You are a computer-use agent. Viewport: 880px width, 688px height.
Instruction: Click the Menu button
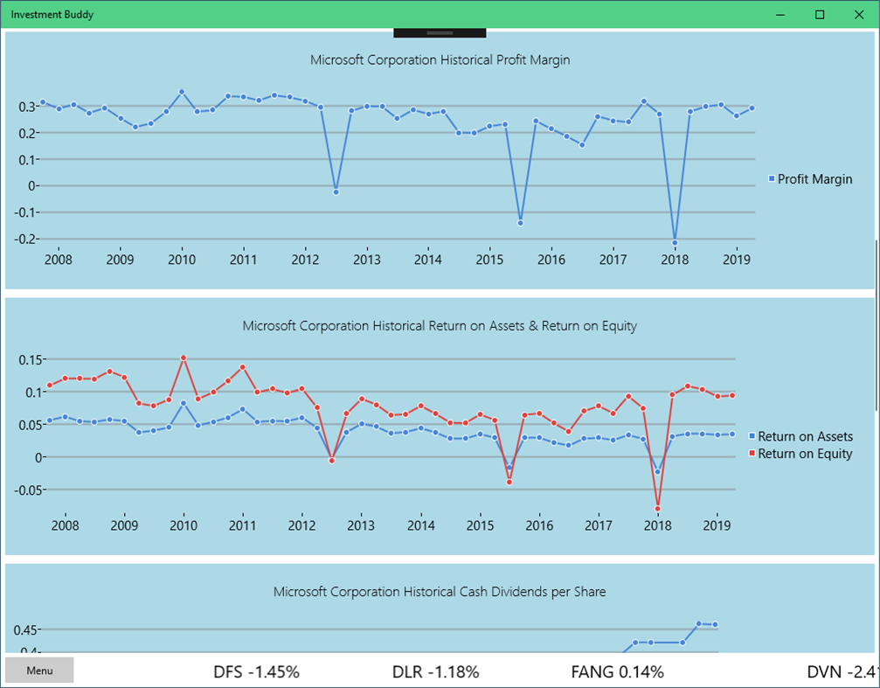(x=39, y=671)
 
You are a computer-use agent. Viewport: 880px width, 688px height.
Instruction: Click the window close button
(x=859, y=15)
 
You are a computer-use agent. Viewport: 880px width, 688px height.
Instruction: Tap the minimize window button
(x=780, y=15)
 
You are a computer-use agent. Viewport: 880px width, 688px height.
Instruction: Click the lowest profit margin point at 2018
(x=675, y=242)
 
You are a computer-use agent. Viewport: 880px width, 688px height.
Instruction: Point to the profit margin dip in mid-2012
(x=336, y=191)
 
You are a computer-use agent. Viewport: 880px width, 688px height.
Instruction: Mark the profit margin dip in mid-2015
(x=520, y=223)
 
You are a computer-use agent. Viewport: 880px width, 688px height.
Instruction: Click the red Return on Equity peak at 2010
(x=184, y=358)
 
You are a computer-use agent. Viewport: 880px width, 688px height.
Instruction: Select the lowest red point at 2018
(x=657, y=509)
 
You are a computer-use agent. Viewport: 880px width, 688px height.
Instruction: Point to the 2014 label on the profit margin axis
(x=427, y=260)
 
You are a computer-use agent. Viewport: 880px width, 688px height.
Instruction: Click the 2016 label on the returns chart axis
(x=539, y=525)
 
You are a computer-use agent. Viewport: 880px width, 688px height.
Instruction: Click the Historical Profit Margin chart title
(x=440, y=60)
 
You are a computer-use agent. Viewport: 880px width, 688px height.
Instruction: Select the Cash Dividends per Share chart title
(x=440, y=592)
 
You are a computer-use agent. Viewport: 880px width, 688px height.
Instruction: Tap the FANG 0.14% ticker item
(x=617, y=671)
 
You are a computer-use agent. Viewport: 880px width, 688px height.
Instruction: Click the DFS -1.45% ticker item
(x=257, y=671)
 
